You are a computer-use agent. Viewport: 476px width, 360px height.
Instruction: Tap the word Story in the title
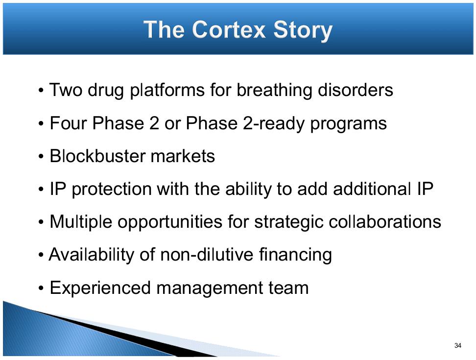[303, 31]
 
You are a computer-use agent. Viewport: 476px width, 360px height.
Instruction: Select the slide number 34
[458, 345]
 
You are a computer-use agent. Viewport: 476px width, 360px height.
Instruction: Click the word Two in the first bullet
[66, 90]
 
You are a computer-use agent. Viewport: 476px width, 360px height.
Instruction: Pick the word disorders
[355, 90]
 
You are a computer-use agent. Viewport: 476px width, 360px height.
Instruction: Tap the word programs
[348, 124]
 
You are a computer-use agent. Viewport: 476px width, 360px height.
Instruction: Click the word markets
[183, 156]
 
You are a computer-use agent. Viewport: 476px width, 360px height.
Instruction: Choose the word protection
[112, 190]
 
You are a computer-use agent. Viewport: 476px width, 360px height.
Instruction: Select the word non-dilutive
[207, 254]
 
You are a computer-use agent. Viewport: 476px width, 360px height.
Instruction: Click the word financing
[295, 255]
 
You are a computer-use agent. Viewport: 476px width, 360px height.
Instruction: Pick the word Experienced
[100, 288]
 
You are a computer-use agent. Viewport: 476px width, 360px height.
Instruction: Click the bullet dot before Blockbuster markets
[41, 157]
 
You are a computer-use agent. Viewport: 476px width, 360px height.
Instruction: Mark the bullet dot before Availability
[41, 255]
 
